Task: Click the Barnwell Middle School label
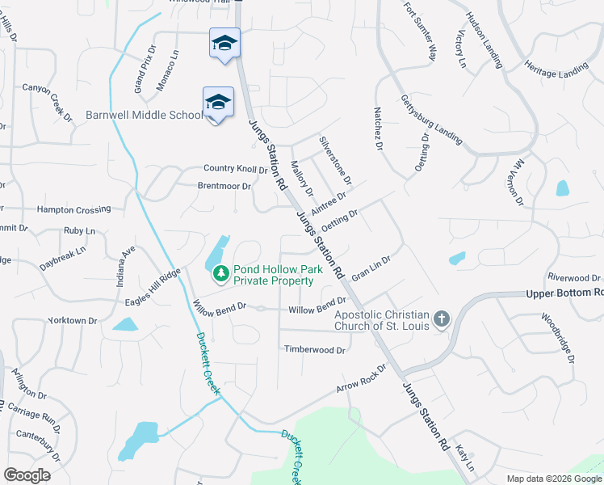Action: [x=145, y=115]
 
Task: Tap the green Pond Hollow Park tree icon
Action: [x=220, y=276]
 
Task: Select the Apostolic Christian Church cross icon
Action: [x=442, y=318]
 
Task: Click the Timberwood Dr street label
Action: [x=314, y=350]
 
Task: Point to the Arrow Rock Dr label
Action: [x=362, y=378]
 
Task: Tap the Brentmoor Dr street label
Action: [x=224, y=186]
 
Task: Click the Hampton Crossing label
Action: [x=73, y=209]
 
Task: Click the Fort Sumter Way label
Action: [x=420, y=32]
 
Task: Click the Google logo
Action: [x=27, y=475]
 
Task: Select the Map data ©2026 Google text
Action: [x=554, y=479]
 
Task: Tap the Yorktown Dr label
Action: [x=72, y=321]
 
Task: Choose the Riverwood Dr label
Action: [x=574, y=277]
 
